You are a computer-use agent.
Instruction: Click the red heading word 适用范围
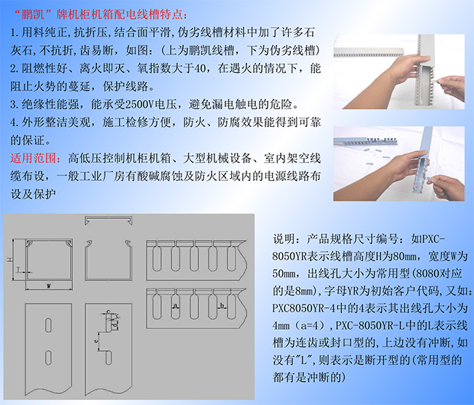pyautogui.click(x=36, y=158)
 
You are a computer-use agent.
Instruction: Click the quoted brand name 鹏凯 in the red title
pyautogui.click(x=33, y=14)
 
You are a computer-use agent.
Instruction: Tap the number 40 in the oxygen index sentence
pyautogui.click(x=200, y=69)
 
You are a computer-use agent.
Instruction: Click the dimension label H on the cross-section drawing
pyautogui.click(x=10, y=260)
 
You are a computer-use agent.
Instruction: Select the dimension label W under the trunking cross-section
pyautogui.click(x=49, y=285)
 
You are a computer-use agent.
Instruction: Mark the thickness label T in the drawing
pyautogui.click(x=18, y=269)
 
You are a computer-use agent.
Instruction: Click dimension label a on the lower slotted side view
pyautogui.click(x=175, y=306)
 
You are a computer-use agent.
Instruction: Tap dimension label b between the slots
pyautogui.click(x=222, y=306)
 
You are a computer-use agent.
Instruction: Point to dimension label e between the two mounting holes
pyautogui.click(x=96, y=341)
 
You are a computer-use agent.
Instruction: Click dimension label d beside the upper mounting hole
pyautogui.click(x=114, y=325)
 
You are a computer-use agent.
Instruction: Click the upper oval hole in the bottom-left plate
pyautogui.click(x=48, y=325)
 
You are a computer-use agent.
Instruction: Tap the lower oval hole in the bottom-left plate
pyautogui.click(x=48, y=358)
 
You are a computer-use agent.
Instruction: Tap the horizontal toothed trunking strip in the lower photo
pyautogui.click(x=365, y=141)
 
